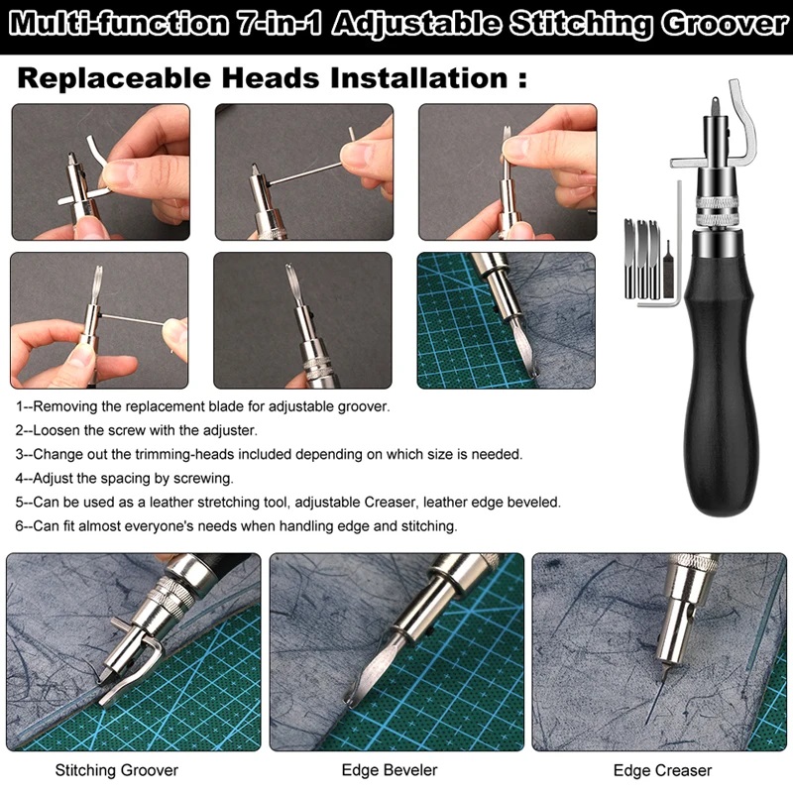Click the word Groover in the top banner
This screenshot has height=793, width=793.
[727, 23]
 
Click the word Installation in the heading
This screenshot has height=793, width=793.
[418, 78]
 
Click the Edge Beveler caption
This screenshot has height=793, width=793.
[390, 769]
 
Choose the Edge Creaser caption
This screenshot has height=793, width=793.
[662, 769]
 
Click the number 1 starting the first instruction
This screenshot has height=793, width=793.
[19, 406]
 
